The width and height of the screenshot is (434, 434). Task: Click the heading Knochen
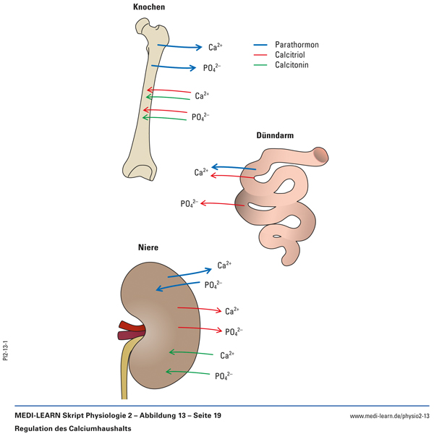tap(149, 7)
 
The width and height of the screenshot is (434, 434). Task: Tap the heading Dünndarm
tap(275, 135)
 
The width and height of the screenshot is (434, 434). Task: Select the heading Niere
tap(148, 247)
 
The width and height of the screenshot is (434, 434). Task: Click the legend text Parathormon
tap(297, 45)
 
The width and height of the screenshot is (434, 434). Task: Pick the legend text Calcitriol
tap(292, 55)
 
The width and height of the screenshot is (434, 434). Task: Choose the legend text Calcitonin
tap(292, 65)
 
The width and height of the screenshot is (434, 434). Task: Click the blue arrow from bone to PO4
tap(174, 67)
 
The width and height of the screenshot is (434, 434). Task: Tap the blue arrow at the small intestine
tap(235, 168)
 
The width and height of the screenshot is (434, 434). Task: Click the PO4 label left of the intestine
tap(190, 204)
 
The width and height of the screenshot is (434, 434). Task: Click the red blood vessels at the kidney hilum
tap(130, 330)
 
